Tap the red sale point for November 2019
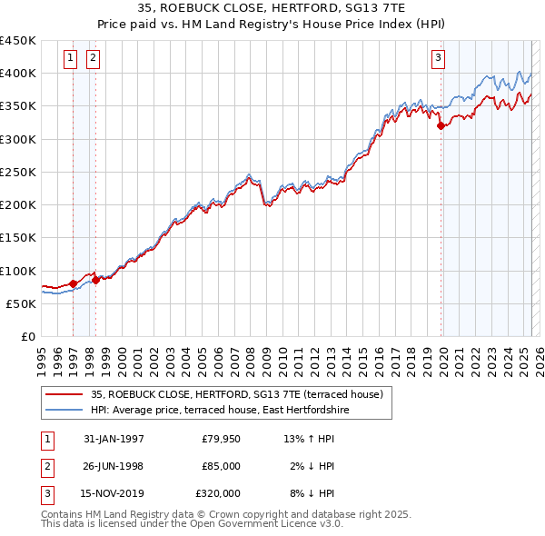pos(441,126)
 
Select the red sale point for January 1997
pos(73,283)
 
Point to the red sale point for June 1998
pos(95,281)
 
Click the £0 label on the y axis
pos(27,337)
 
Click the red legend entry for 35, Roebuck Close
pos(237,394)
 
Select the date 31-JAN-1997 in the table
pos(114,439)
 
